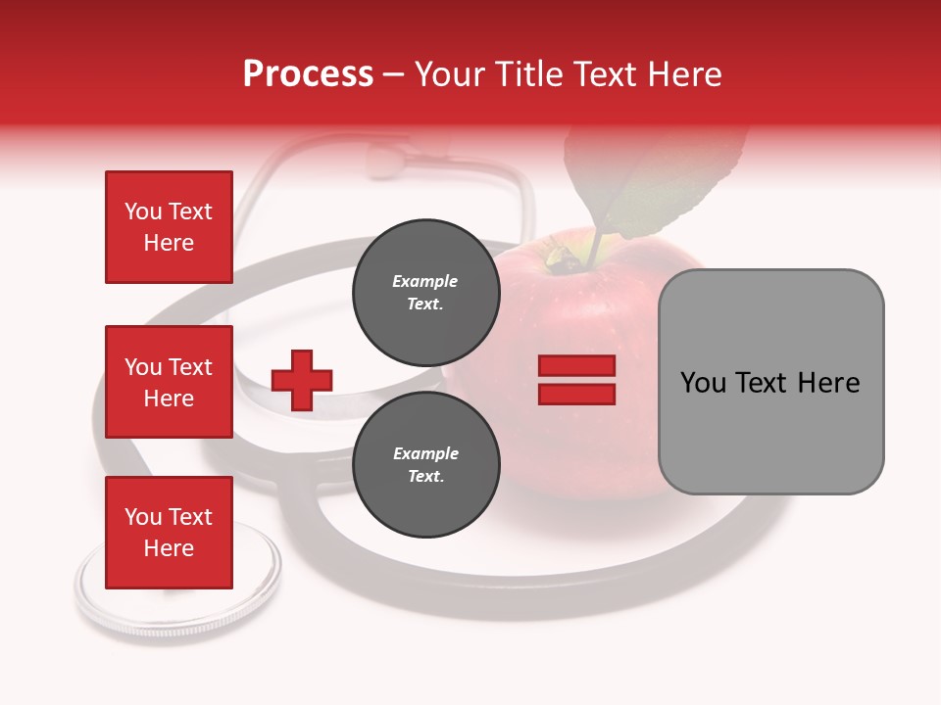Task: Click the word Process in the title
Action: pyautogui.click(x=308, y=74)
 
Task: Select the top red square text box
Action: pyautogui.click(x=169, y=227)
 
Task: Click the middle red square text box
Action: pyautogui.click(x=169, y=382)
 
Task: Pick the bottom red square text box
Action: pyautogui.click(x=169, y=533)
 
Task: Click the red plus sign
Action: pyautogui.click(x=302, y=380)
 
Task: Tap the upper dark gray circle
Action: pyautogui.click(x=426, y=293)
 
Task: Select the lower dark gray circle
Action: pyautogui.click(x=426, y=465)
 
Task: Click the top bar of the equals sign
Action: pyautogui.click(x=577, y=366)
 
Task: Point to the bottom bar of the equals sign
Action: pyautogui.click(x=577, y=394)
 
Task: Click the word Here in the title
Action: pyautogui.click(x=685, y=74)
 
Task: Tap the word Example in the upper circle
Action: pyautogui.click(x=425, y=281)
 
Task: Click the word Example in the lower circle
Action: pyautogui.click(x=425, y=453)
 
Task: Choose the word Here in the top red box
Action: pyautogui.click(x=169, y=243)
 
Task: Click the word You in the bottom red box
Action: pyautogui.click(x=143, y=517)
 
